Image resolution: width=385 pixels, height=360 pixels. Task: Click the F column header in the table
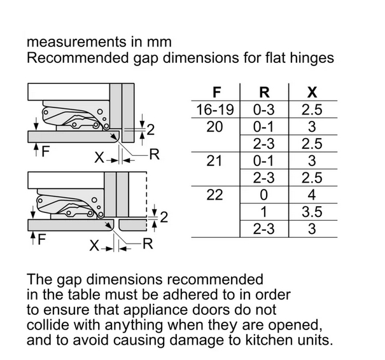pyautogui.click(x=216, y=92)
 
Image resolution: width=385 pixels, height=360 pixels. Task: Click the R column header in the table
pyautogui.click(x=264, y=92)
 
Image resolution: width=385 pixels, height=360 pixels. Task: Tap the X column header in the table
pyautogui.click(x=312, y=92)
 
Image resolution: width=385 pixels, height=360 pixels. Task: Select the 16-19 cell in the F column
pyautogui.click(x=215, y=109)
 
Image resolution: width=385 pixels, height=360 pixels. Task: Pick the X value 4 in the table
pyautogui.click(x=312, y=195)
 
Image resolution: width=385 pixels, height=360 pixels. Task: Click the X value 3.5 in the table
pyautogui.click(x=312, y=212)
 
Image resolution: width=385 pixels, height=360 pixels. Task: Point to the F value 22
pyautogui.click(x=214, y=195)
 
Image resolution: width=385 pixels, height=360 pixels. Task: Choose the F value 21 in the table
pyautogui.click(x=214, y=161)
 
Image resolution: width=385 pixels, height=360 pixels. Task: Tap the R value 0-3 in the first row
pyautogui.click(x=263, y=109)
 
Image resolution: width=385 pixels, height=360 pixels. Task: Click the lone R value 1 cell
pyautogui.click(x=263, y=212)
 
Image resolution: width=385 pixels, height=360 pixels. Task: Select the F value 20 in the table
pyautogui.click(x=214, y=127)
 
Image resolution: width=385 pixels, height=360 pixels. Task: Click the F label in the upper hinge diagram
pyautogui.click(x=46, y=151)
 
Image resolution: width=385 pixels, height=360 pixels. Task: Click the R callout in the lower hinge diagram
pyautogui.click(x=148, y=244)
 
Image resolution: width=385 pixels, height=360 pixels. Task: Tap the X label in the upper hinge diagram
pyautogui.click(x=99, y=157)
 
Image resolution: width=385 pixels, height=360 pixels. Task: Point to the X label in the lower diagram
pyautogui.click(x=94, y=246)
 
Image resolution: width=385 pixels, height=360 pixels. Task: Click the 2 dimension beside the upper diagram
pyautogui.click(x=151, y=130)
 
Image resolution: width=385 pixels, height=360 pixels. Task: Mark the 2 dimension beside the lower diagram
pyautogui.click(x=164, y=218)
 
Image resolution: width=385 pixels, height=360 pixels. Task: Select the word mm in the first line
pyautogui.click(x=159, y=43)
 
